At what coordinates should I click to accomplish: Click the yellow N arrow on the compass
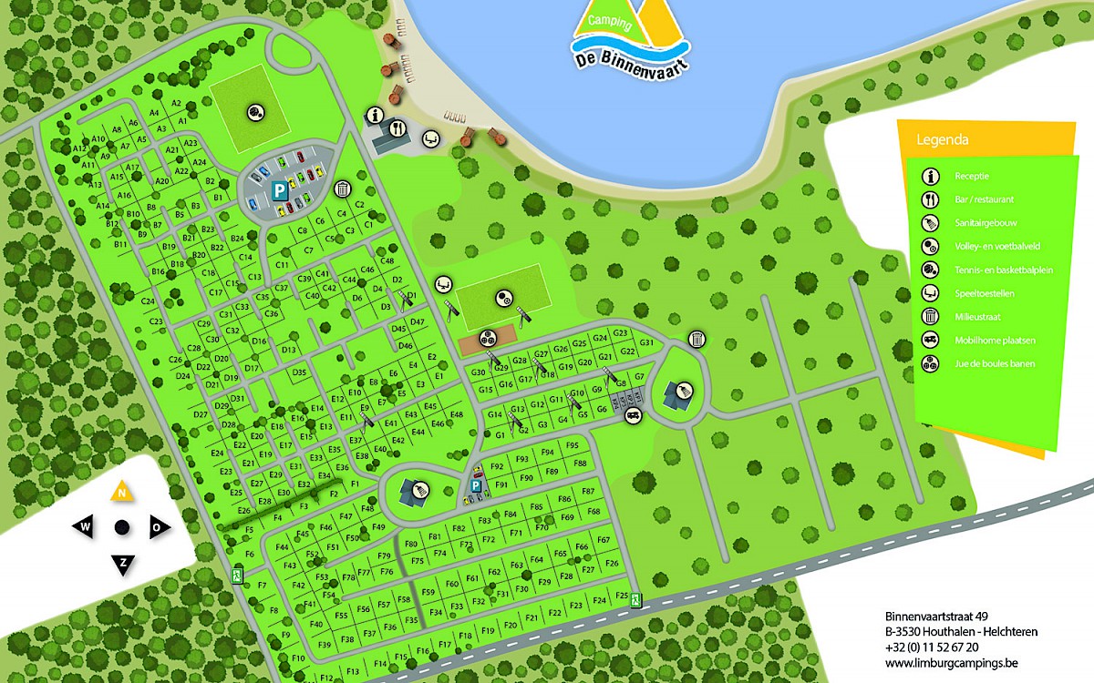(121, 494)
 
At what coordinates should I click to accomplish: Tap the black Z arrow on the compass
(122, 563)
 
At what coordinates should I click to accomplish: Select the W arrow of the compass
(85, 526)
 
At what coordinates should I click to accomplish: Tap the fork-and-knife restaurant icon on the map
(397, 129)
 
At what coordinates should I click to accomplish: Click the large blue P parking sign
(277, 190)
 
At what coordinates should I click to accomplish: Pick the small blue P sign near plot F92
(474, 486)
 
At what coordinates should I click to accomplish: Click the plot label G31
(647, 342)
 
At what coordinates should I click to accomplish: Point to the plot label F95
(573, 444)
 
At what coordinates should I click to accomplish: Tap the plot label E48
(457, 414)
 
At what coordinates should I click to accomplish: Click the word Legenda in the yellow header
(943, 140)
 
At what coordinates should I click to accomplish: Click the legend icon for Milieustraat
(931, 317)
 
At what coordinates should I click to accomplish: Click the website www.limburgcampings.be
(938, 663)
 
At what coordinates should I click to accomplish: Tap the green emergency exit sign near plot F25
(635, 599)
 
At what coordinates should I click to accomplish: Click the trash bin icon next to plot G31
(697, 339)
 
